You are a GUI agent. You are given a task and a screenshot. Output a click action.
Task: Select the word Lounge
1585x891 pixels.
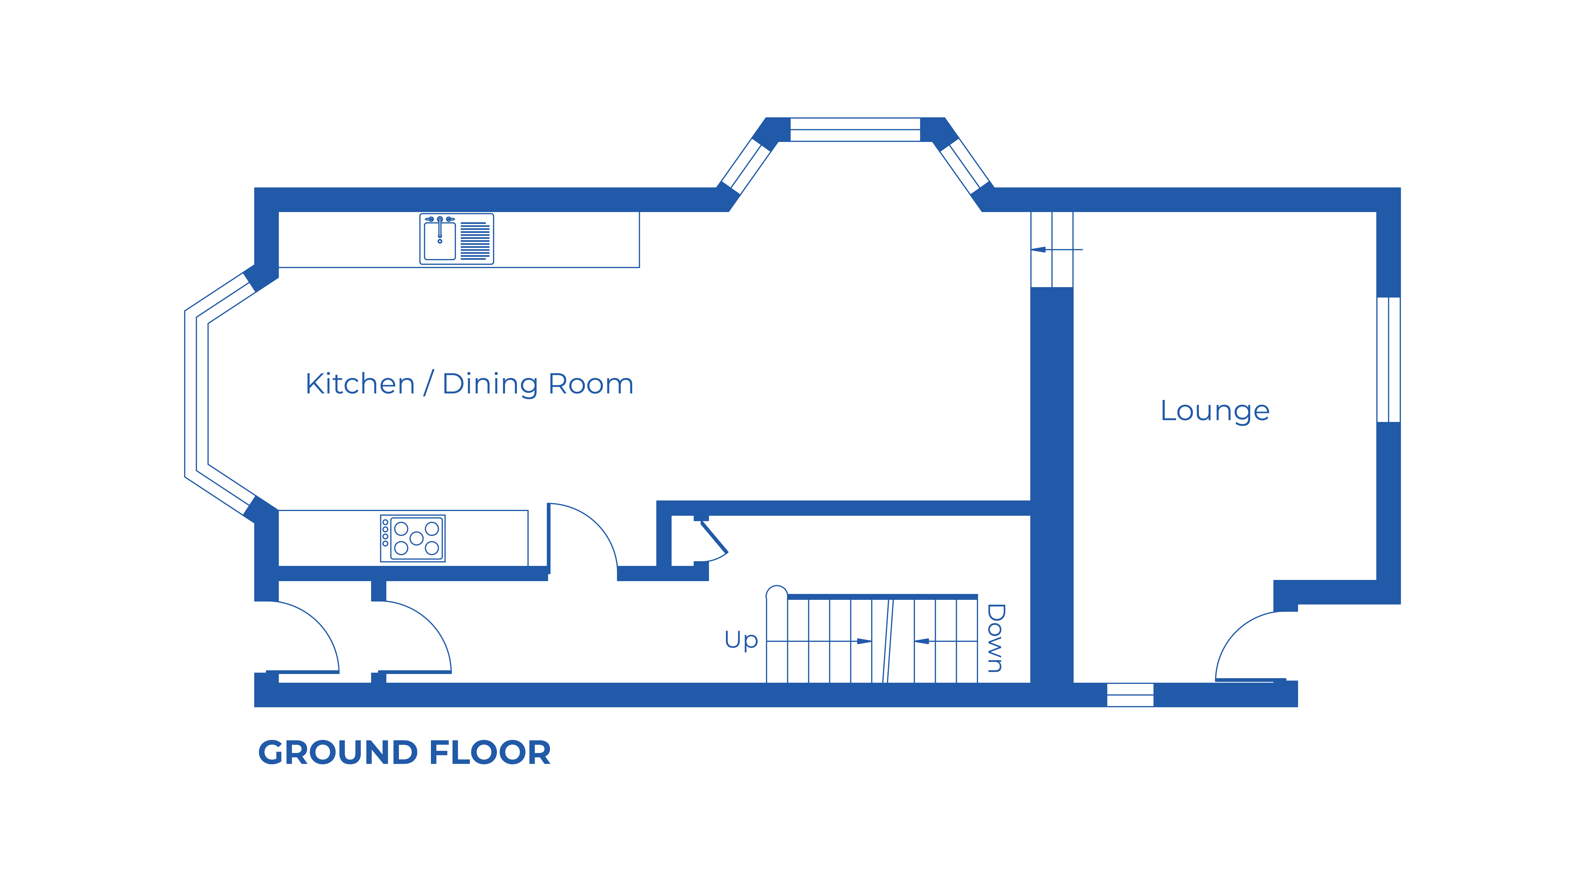pyautogui.click(x=1215, y=411)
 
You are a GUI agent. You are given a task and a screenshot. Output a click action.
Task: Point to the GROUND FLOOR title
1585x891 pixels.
pyautogui.click(x=404, y=753)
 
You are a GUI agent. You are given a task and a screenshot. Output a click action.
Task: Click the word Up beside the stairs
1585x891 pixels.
pyautogui.click(x=741, y=640)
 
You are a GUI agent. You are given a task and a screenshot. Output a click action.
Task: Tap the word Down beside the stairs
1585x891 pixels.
pyautogui.click(x=996, y=638)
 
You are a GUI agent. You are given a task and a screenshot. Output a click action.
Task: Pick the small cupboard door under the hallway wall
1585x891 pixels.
pyautogui.click(x=712, y=541)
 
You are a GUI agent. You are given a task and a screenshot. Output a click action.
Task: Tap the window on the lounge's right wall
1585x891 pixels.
pyautogui.click(x=1388, y=360)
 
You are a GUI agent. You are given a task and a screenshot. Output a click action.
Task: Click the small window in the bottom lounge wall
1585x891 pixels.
pyautogui.click(x=1130, y=695)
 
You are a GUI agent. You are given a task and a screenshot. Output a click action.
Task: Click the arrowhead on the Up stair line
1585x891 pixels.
pyautogui.click(x=864, y=641)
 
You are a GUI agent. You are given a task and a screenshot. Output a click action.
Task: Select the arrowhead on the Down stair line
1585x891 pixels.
pyautogui.click(x=921, y=641)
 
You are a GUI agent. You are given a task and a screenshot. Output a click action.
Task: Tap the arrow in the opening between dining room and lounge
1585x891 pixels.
pyautogui.click(x=1039, y=250)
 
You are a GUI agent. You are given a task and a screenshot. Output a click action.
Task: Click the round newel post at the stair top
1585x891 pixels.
pyautogui.click(x=776, y=594)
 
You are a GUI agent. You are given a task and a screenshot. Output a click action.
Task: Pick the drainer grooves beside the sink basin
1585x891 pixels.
pyautogui.click(x=475, y=240)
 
